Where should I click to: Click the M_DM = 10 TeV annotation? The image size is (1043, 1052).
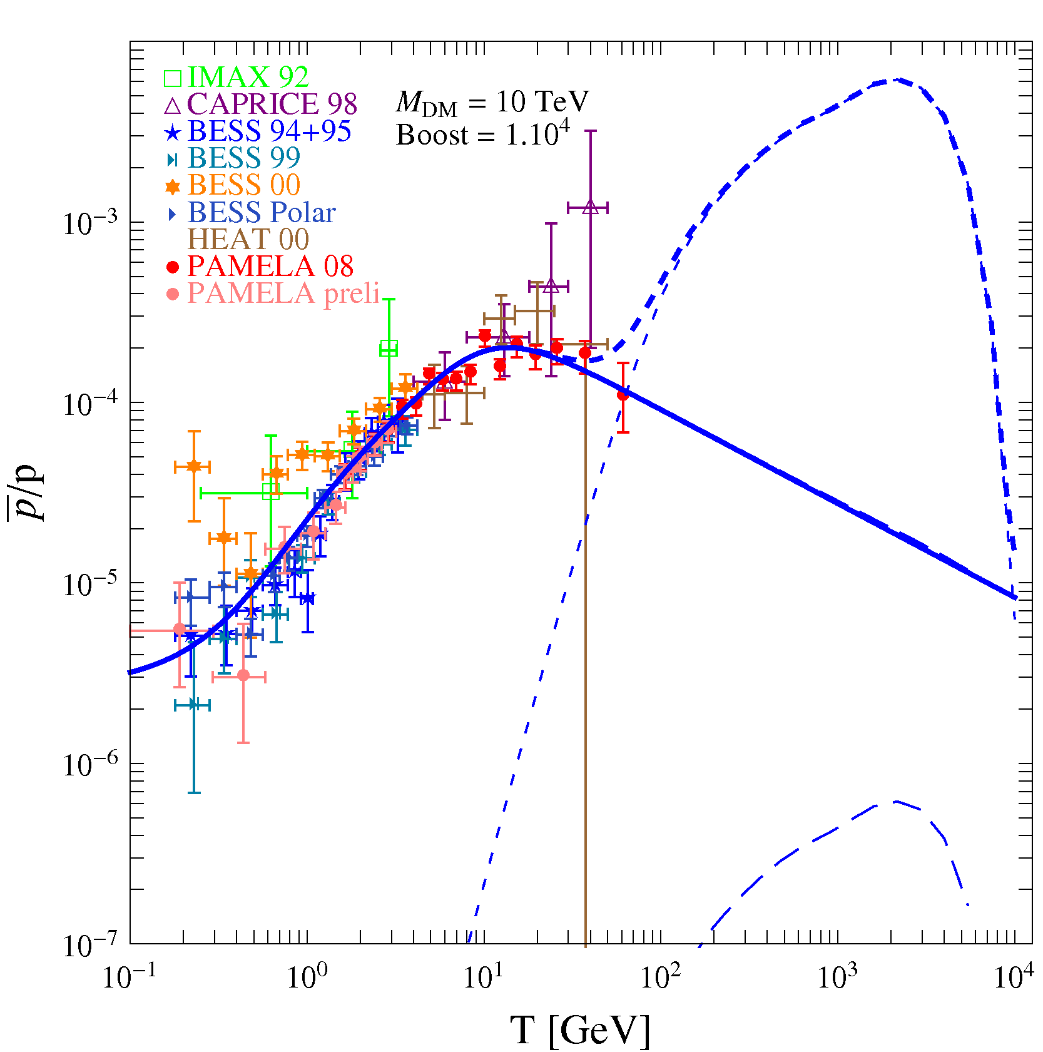point(492,101)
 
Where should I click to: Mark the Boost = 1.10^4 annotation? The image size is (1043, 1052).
point(483,133)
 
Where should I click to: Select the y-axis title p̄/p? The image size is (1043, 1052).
point(26,492)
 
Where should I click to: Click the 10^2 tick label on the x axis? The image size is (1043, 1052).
point(660,976)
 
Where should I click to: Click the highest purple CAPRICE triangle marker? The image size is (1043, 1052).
point(591,207)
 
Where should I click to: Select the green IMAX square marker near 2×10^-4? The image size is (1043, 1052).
point(389,348)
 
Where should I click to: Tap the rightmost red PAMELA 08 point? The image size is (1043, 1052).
point(623,395)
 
